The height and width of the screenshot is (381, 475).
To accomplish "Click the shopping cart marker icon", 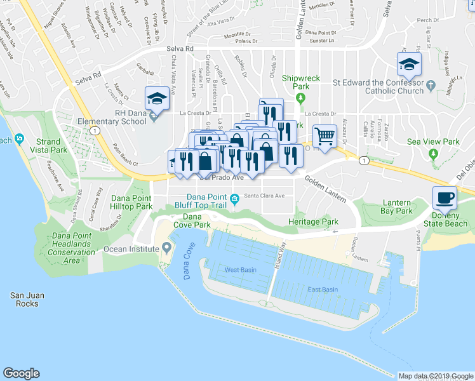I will [324, 135].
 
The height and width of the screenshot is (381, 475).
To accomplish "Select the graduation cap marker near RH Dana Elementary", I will [157, 98].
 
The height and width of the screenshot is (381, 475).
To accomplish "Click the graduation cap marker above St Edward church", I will [410, 63].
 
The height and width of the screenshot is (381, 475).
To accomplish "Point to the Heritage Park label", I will [313, 222].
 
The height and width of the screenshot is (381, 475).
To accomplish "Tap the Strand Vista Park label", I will [51, 146].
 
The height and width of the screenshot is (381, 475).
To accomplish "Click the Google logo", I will [21, 373].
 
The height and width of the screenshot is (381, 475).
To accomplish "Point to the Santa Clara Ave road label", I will [265, 196].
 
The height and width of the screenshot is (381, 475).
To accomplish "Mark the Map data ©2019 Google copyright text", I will [435, 376].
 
